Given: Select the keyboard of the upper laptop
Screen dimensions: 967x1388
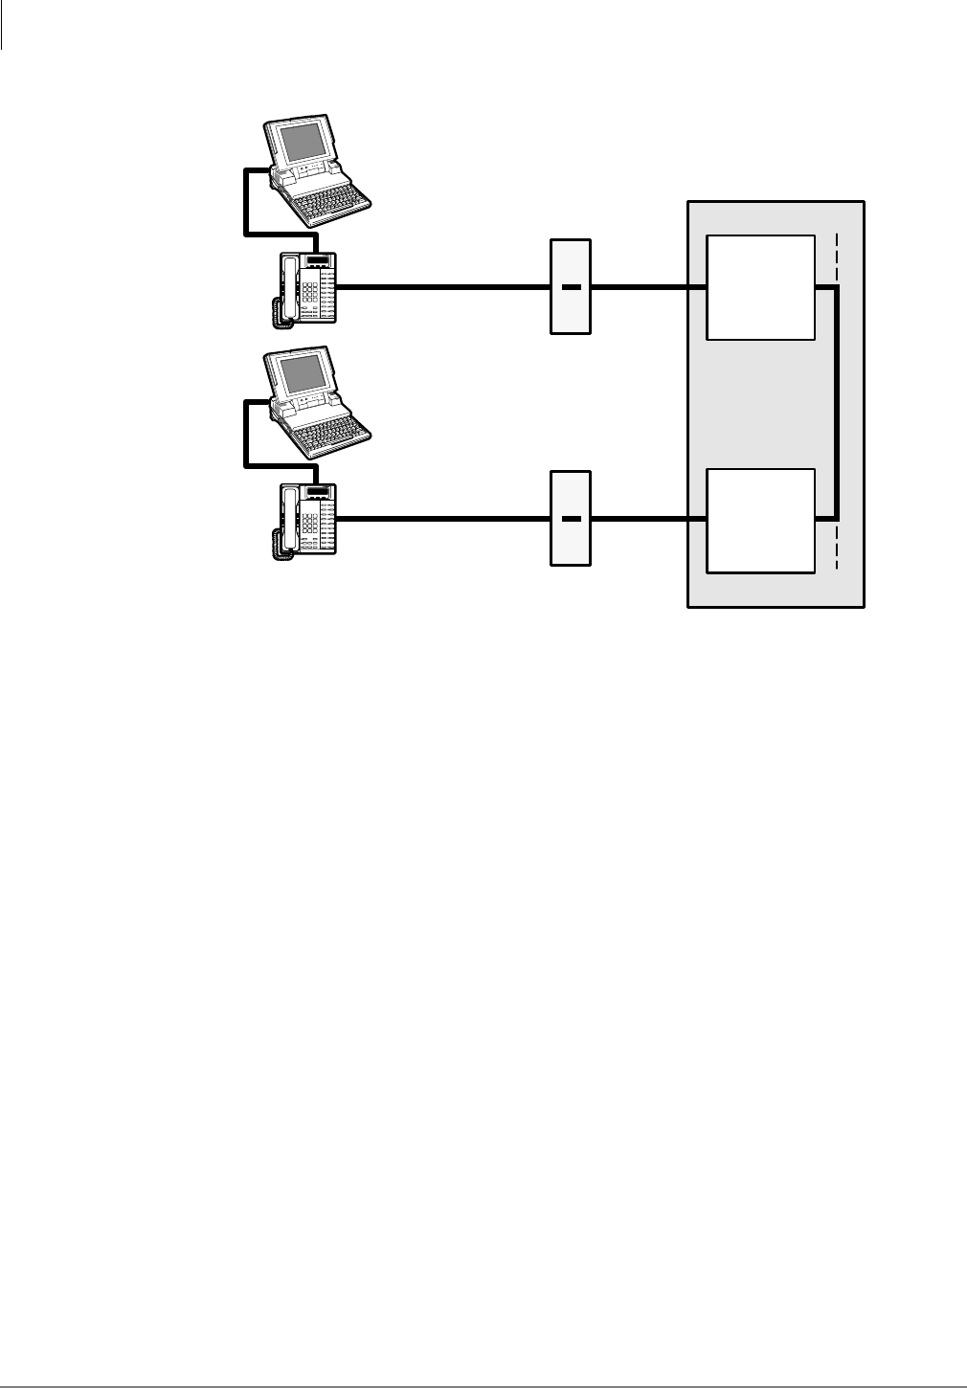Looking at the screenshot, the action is pos(330,200).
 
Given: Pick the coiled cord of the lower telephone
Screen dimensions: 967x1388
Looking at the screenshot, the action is pos(277,545).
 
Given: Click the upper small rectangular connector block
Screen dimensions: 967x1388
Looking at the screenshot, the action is pos(571,286).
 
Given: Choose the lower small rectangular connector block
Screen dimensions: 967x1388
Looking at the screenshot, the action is pos(571,518).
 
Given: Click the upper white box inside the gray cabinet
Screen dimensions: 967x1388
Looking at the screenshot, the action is pos(760,286).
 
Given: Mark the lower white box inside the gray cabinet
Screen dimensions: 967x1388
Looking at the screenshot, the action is pos(760,521).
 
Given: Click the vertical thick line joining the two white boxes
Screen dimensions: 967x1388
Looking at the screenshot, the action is pos(838,402).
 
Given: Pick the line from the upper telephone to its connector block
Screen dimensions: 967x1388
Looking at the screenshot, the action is pos(440,286).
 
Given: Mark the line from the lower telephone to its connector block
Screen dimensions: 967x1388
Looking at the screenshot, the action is pos(440,519).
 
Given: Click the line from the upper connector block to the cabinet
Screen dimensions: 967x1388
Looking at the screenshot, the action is pos(640,286).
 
